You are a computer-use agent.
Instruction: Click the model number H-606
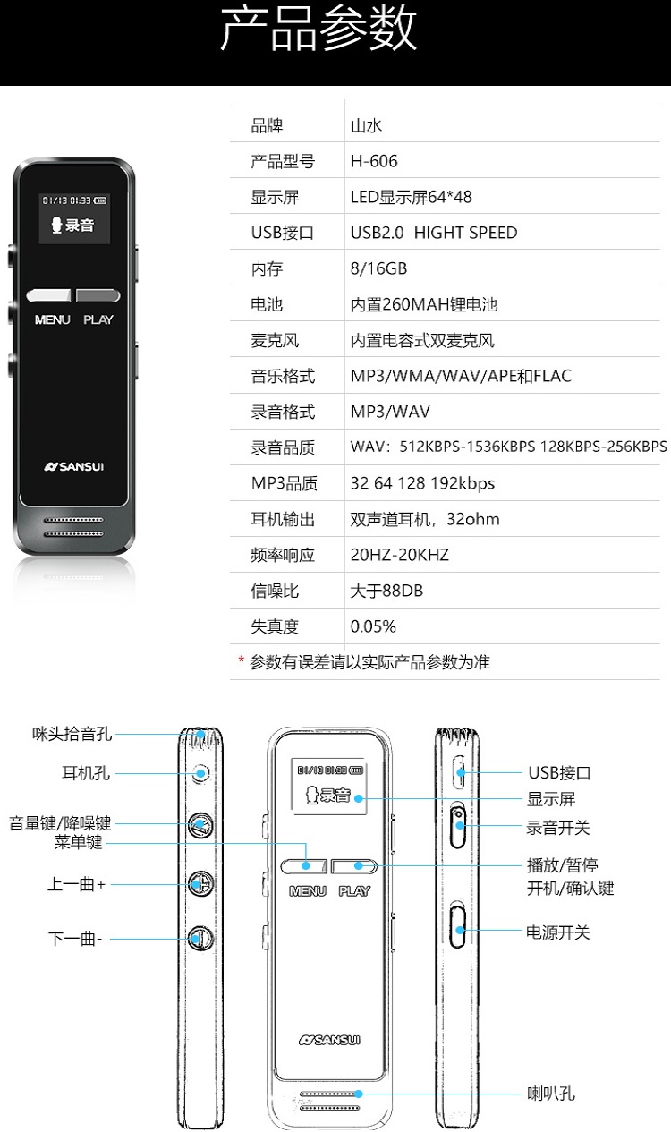click(374, 161)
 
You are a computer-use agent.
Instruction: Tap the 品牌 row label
click(268, 125)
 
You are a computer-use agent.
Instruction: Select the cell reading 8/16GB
click(378, 268)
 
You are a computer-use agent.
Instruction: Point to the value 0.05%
click(373, 626)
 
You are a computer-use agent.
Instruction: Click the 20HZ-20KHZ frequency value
click(400, 555)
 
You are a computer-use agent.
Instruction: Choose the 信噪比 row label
click(275, 591)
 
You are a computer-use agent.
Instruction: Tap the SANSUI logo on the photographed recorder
click(73, 466)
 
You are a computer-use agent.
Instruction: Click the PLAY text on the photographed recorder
click(98, 319)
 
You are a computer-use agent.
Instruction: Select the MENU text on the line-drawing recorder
click(308, 890)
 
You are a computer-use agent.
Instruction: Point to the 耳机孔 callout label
click(86, 772)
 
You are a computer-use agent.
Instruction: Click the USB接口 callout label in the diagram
click(559, 772)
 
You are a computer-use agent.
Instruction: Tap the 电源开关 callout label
click(557, 932)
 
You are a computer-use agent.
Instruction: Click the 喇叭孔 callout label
click(551, 1094)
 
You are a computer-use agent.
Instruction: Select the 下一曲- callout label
click(75, 939)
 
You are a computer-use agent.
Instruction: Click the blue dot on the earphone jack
click(201, 773)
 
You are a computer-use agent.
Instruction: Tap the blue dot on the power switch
click(460, 930)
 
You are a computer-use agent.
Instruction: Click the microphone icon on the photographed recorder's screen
click(56, 225)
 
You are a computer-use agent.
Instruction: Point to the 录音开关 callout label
click(557, 828)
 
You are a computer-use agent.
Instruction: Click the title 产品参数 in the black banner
click(319, 28)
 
